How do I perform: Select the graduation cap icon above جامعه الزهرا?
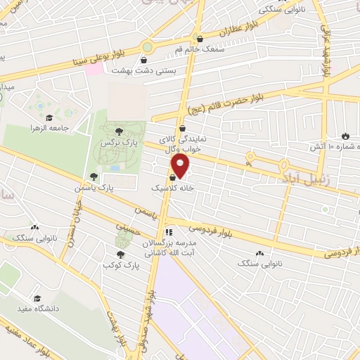point(50,117)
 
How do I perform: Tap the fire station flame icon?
point(345,136)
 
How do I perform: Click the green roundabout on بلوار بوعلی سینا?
point(147,47)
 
